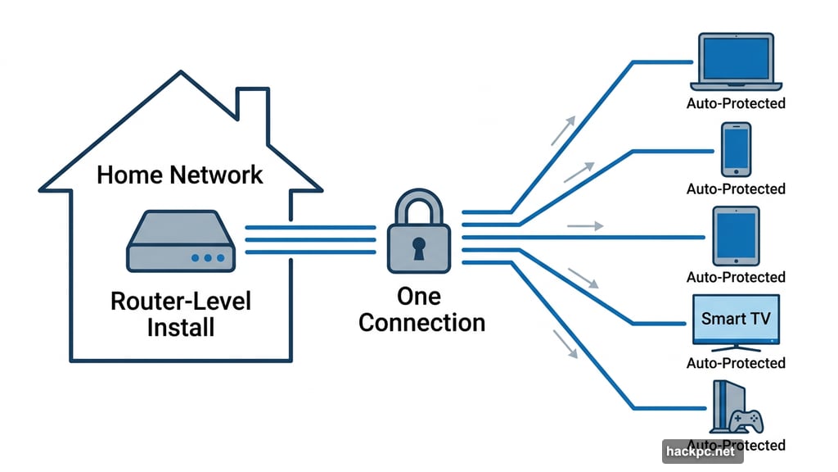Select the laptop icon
(736, 62)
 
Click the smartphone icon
(736, 149)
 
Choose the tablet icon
(737, 236)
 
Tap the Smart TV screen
(736, 318)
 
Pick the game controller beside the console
(748, 420)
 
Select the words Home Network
(180, 175)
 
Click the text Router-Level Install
(180, 314)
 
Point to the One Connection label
(421, 309)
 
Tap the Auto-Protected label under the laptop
(736, 103)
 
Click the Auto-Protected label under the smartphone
(736, 189)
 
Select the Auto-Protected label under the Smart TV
(736, 363)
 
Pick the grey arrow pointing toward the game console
(564, 343)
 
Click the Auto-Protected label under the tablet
(736, 277)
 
